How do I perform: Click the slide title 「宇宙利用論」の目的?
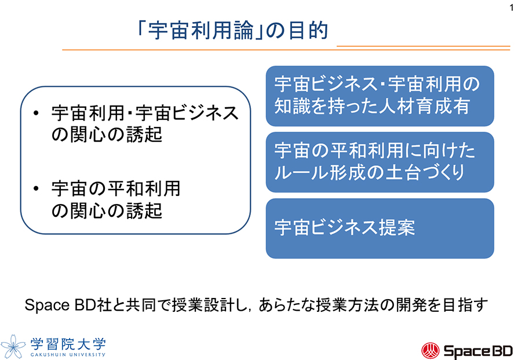pyautogui.click(x=229, y=30)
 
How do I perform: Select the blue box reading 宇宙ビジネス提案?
pyautogui.click(x=380, y=228)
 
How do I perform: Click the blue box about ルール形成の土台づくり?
pyautogui.click(x=380, y=162)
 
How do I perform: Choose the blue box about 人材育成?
pyautogui.click(x=380, y=96)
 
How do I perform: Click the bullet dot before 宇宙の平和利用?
pyautogui.click(x=37, y=188)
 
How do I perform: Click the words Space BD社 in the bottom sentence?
pyautogui.click(x=63, y=306)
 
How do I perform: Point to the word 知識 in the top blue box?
pyautogui.click(x=291, y=107)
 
